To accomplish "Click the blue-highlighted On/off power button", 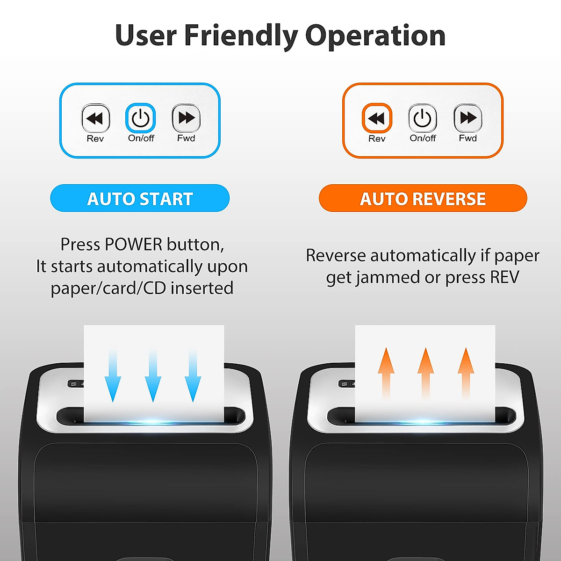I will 140,118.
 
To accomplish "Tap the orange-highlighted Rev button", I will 376,118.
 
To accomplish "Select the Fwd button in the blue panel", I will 186,118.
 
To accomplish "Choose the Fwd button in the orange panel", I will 467,118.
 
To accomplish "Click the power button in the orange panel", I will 422,118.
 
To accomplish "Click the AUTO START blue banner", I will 140,198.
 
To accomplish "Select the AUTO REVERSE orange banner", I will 423,198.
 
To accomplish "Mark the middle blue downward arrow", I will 153,376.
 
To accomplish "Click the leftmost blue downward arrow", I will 113,376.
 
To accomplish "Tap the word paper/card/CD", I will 108,288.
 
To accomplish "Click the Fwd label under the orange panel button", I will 467,138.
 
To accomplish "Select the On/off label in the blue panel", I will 141,138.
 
